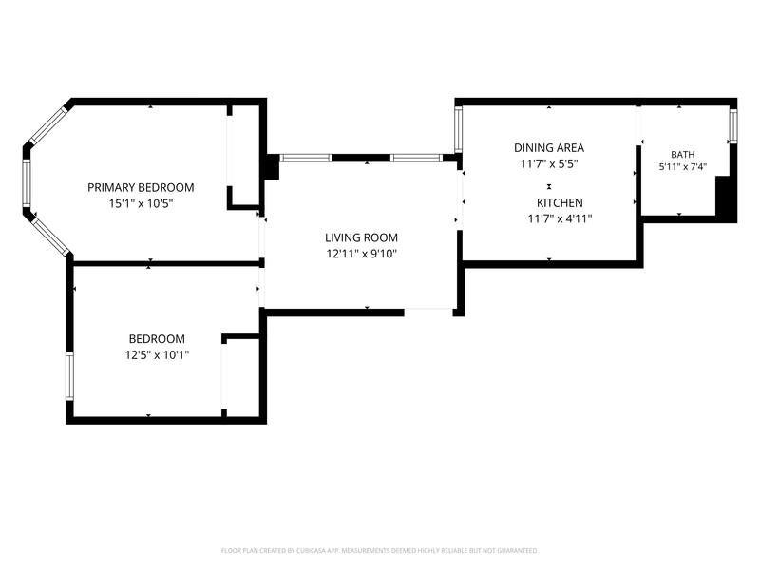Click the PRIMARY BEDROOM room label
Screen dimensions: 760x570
coord(141,187)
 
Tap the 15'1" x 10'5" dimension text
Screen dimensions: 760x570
coord(141,203)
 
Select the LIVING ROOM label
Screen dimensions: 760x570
coord(361,237)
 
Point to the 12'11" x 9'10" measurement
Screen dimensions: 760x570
coord(361,254)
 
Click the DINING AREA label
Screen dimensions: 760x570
coord(549,148)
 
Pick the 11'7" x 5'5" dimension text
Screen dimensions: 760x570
coord(549,163)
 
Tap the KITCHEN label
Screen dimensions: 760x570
coord(560,202)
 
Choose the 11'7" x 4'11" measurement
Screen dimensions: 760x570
coord(560,218)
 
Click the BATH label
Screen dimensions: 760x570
coord(682,155)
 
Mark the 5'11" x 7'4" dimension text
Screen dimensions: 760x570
coord(682,167)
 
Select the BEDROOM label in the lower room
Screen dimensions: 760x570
coord(157,339)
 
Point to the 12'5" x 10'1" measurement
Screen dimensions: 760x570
coord(157,354)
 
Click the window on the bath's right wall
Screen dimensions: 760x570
coord(733,126)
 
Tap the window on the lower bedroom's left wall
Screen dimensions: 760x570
coord(69,376)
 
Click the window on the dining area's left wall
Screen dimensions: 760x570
coord(459,129)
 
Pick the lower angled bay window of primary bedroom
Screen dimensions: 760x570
coord(50,237)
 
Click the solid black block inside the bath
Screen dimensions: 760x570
coord(726,199)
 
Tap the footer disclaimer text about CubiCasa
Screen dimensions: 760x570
coord(379,551)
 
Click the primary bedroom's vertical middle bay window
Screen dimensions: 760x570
coord(27,183)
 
